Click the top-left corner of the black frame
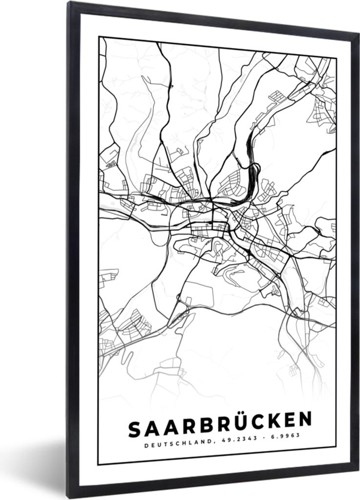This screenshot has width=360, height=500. tap(69, 3)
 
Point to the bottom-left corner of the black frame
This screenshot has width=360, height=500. tap(72, 497)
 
